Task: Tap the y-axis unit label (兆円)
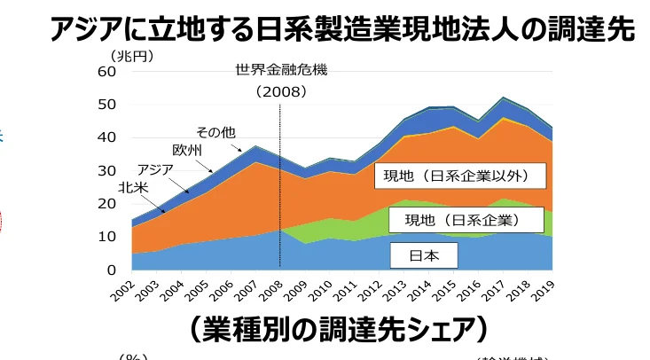click(x=132, y=56)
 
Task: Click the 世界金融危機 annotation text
click(x=280, y=70)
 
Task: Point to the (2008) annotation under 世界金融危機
click(x=280, y=90)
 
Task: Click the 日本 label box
click(x=424, y=256)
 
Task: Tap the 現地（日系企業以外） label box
click(x=456, y=175)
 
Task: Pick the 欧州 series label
click(x=187, y=150)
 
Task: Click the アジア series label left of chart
click(x=156, y=168)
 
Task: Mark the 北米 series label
click(x=133, y=187)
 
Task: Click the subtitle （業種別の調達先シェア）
click(x=338, y=328)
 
